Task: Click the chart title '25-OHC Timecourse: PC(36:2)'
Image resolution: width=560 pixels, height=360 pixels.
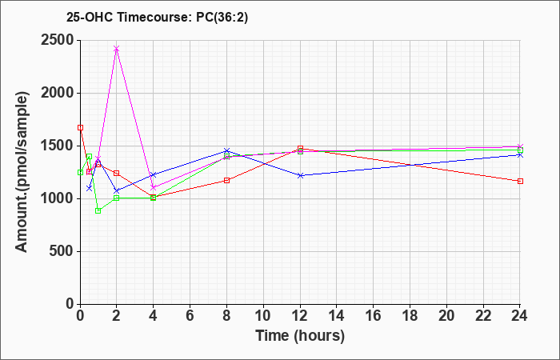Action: point(157,17)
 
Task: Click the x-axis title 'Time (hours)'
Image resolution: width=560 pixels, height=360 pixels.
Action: point(300,336)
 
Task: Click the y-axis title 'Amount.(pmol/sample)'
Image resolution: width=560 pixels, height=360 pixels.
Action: point(22,172)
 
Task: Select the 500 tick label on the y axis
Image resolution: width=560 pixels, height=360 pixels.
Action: point(62,251)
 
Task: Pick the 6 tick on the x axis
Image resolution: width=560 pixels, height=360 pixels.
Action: point(190,316)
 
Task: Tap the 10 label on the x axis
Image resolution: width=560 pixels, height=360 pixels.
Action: point(263,316)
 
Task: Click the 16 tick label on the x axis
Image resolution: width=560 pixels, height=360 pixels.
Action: point(374,316)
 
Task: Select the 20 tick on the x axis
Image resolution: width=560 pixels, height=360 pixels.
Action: point(446,316)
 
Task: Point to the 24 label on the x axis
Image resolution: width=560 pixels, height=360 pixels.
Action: point(519,316)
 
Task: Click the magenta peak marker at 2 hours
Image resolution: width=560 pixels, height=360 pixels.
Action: point(117,49)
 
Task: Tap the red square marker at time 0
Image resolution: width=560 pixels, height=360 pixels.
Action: point(80,127)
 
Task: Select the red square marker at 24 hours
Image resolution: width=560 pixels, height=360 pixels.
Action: point(520,181)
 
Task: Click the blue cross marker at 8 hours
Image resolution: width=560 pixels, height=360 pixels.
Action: point(226,150)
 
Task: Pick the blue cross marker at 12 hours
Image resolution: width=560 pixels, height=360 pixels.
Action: point(300,175)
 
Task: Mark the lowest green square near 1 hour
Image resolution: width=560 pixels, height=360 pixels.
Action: point(98,210)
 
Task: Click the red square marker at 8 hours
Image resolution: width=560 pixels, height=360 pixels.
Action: point(226,180)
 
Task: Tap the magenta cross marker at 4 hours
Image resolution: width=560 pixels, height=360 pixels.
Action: point(154,187)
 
